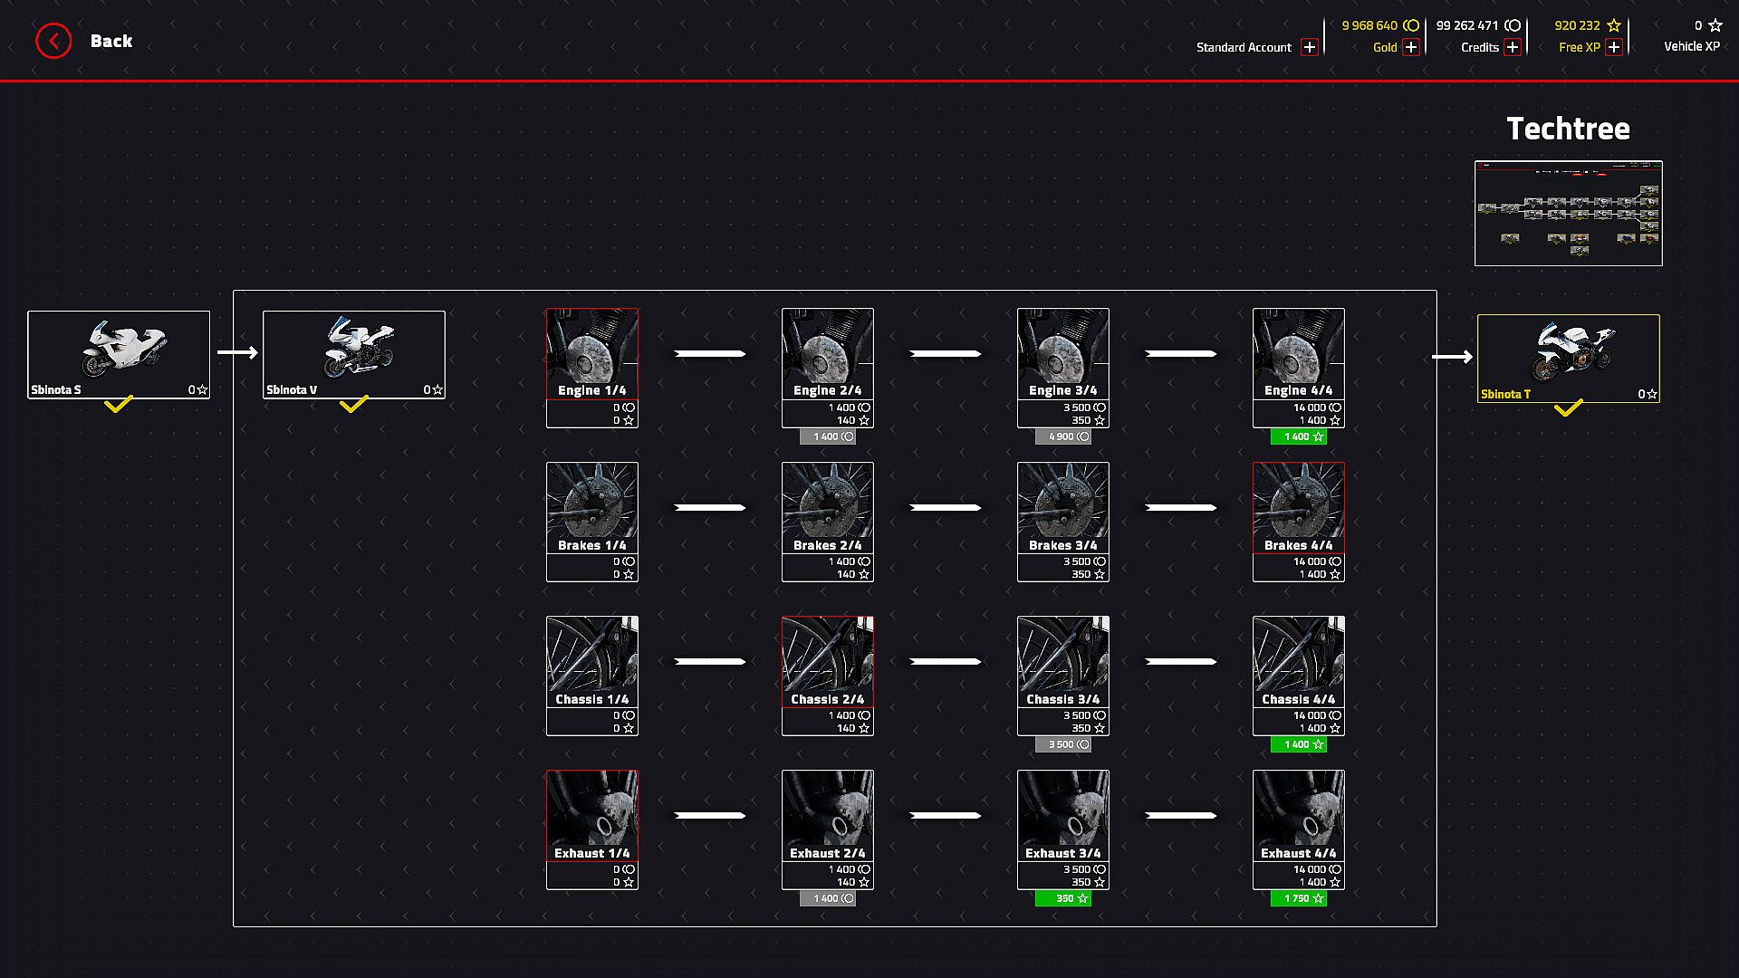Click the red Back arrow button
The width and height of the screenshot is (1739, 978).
tap(53, 41)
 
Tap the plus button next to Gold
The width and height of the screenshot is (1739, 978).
tap(1410, 47)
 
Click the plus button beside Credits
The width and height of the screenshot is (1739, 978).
tap(1512, 47)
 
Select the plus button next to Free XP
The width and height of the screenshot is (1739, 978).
tap(1613, 47)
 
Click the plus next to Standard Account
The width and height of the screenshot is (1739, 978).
tap(1309, 47)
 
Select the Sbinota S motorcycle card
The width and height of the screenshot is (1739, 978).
tap(119, 354)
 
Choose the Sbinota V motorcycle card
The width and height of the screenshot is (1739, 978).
tap(354, 354)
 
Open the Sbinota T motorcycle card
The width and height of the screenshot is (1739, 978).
tap(1568, 358)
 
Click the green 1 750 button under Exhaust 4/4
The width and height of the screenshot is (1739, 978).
tap(1298, 898)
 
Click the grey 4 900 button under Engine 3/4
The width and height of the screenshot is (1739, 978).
tap(1062, 436)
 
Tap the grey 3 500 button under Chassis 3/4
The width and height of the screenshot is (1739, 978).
tap(1062, 744)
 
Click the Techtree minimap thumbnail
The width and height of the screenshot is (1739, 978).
tap(1568, 214)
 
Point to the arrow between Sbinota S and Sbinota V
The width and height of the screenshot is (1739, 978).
tap(237, 352)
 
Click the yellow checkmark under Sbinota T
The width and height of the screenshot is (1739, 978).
tap(1568, 408)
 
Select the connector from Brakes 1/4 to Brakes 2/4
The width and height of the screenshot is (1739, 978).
tap(710, 507)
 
